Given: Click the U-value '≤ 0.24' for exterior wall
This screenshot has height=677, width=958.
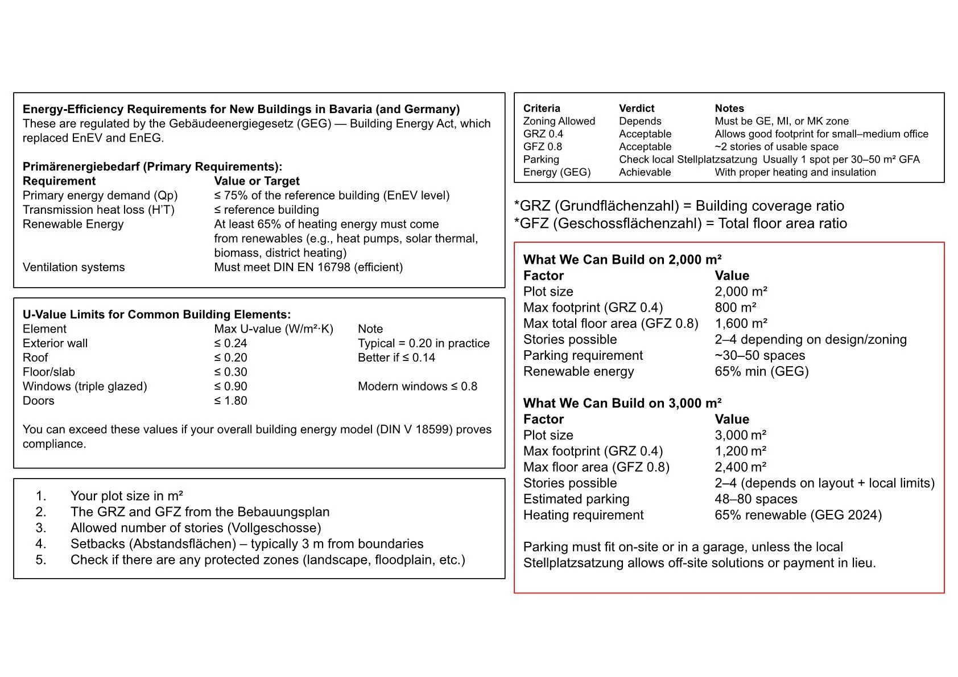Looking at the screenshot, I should [x=230, y=343].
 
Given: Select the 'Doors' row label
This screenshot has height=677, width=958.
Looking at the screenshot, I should [x=38, y=401].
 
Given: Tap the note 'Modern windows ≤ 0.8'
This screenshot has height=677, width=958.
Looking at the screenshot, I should [x=417, y=387].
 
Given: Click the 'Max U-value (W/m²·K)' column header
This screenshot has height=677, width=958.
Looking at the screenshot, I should [x=273, y=329].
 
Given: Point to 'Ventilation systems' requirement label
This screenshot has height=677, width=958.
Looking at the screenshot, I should [x=73, y=267].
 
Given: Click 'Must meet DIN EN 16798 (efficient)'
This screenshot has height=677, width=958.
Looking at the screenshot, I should [x=308, y=267].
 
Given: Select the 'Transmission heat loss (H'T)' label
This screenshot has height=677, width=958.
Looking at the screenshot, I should [x=98, y=210].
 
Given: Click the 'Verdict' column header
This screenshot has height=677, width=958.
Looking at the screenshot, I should [x=636, y=108].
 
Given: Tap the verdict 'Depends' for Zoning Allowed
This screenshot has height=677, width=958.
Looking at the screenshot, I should [x=639, y=121].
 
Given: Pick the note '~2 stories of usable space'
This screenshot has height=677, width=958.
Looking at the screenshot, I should [x=776, y=147].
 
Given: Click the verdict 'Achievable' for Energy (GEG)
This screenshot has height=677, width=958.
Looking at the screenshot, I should [x=645, y=172].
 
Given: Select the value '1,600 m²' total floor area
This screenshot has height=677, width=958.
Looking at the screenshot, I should [x=741, y=323].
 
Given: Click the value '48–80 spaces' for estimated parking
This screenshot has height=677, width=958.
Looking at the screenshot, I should [x=755, y=499].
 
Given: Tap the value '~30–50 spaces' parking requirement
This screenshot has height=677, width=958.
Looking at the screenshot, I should [x=759, y=355].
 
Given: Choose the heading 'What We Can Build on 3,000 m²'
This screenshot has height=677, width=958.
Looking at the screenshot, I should [x=622, y=403].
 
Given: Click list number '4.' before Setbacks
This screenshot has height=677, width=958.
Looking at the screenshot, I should [x=40, y=544].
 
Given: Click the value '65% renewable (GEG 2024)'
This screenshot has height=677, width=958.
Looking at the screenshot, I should [x=798, y=515].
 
